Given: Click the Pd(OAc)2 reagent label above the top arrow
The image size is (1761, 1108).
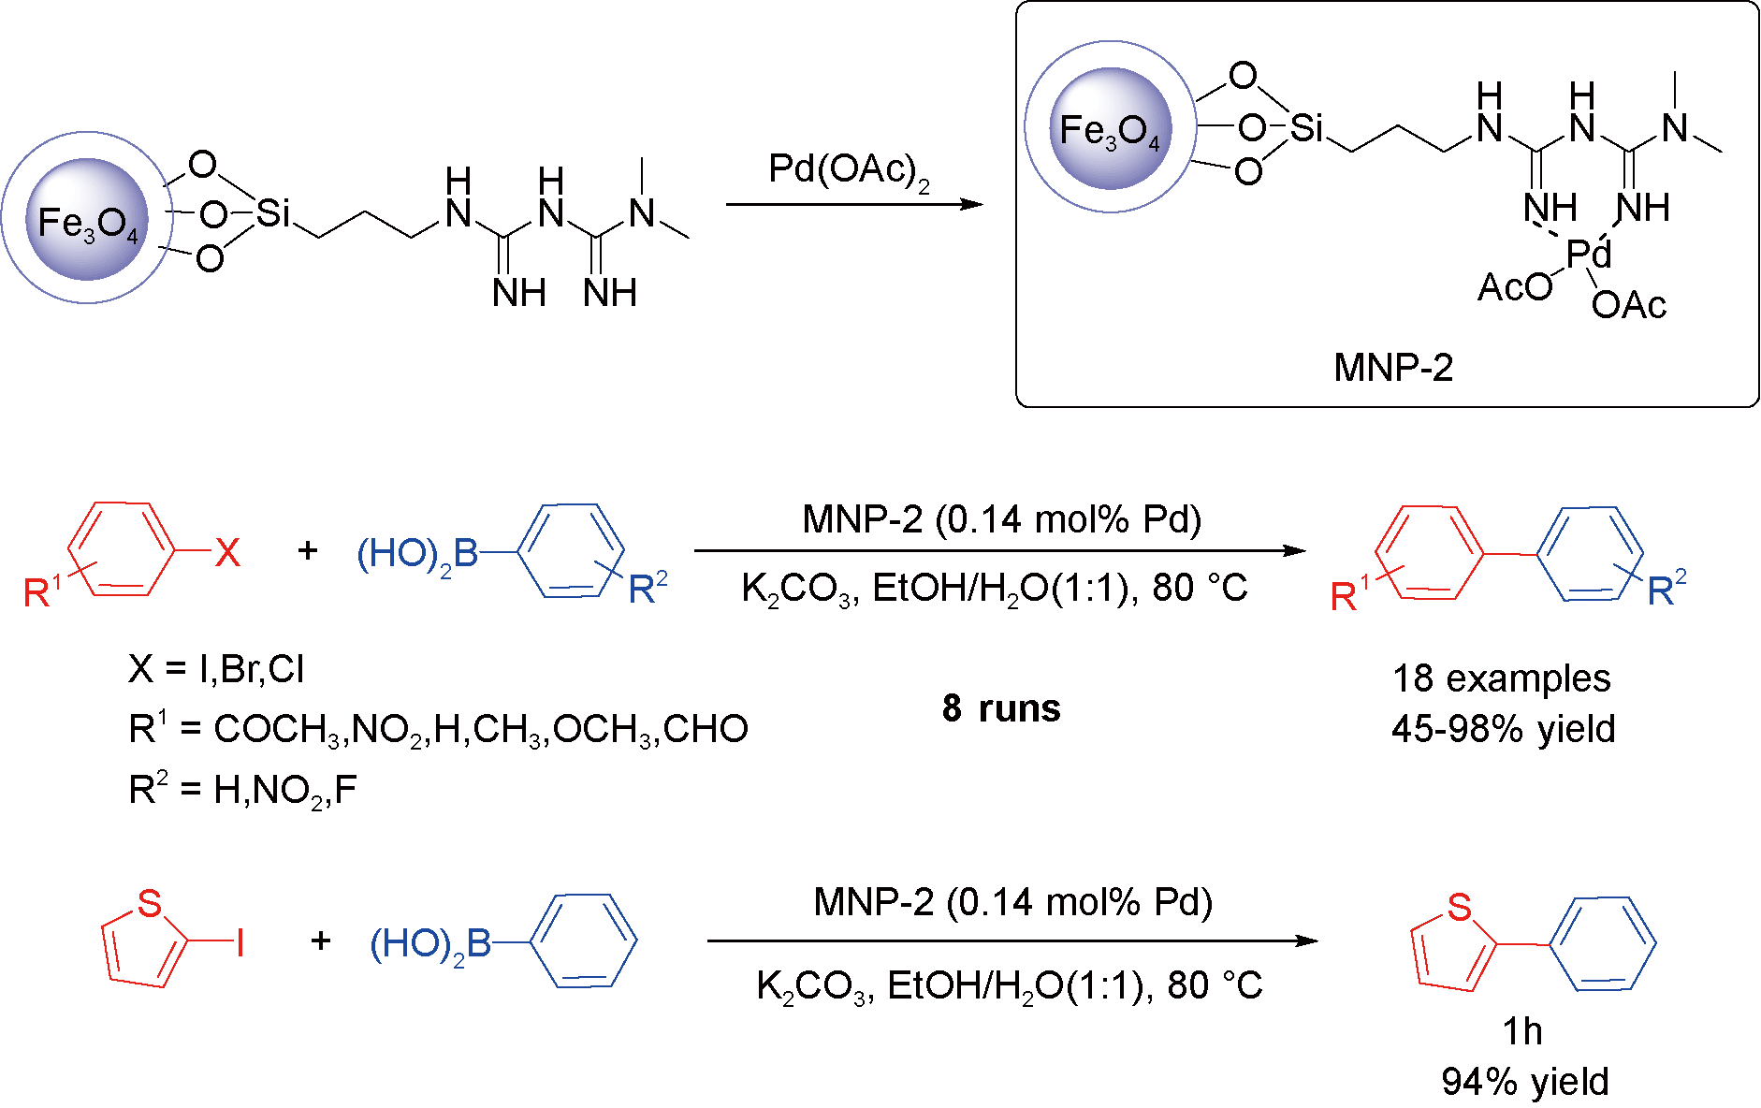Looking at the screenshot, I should click(x=848, y=171).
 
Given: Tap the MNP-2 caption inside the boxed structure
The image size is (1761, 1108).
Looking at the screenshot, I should click(x=1392, y=368).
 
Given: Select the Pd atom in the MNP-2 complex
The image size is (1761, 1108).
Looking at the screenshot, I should click(x=1589, y=254).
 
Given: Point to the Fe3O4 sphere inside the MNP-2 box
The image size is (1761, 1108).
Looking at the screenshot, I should click(x=1110, y=129).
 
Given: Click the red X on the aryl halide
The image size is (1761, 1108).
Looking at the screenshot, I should click(x=227, y=553).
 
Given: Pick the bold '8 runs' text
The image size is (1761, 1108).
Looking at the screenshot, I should click(x=1001, y=708).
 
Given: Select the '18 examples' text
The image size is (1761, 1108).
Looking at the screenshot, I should click(x=1501, y=678).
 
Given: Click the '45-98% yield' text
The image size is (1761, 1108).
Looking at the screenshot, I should click(x=1503, y=729).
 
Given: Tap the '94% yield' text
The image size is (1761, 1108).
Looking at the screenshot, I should click(x=1524, y=1082).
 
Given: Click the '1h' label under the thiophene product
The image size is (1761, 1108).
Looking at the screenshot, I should click(x=1521, y=1031).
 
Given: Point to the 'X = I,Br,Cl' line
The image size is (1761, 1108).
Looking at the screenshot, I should click(x=216, y=669).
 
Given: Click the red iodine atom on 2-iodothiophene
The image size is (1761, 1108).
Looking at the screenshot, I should click(x=240, y=942).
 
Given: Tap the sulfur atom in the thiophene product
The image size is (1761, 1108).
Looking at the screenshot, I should click(x=1459, y=907).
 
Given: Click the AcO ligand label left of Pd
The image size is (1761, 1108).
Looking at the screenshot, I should click(x=1514, y=288).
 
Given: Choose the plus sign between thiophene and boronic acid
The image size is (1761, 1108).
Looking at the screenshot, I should click(x=321, y=940).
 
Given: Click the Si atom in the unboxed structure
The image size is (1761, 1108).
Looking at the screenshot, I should click(x=273, y=213).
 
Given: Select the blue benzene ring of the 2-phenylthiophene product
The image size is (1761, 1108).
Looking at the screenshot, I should click(x=1603, y=943).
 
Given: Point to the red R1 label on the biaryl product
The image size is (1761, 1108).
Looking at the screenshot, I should click(x=1347, y=593).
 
